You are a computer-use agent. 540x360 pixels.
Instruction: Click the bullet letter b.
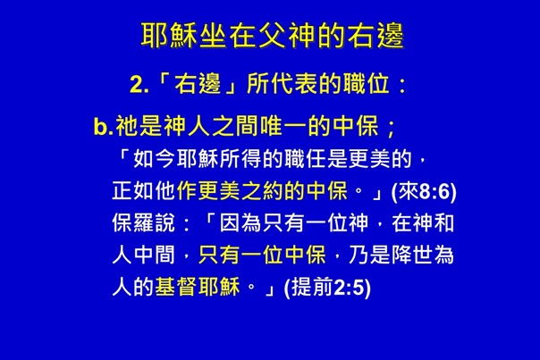pyautogui.click(x=103, y=125)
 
